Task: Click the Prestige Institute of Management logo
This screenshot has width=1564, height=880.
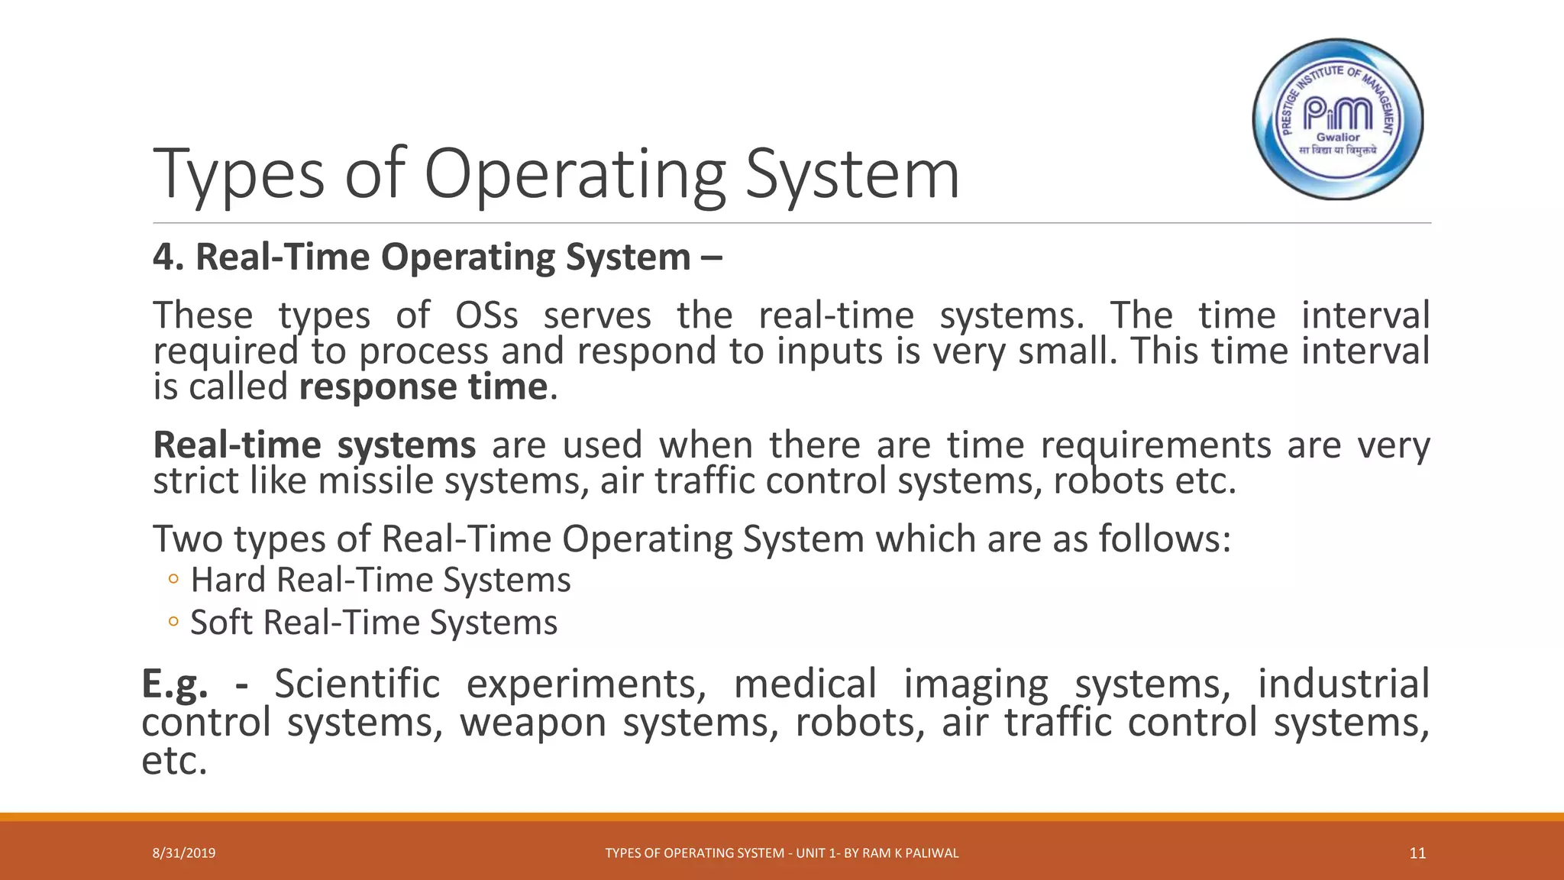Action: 1338,119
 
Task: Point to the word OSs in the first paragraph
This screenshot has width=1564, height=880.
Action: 486,315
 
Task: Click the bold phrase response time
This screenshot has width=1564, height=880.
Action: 423,387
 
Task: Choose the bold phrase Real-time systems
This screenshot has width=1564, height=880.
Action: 314,445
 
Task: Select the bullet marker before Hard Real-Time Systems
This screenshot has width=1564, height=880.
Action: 173,580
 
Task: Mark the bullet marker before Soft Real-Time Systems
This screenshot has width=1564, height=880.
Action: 173,622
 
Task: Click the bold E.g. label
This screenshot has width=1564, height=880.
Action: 175,684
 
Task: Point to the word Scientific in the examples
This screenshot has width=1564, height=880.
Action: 357,684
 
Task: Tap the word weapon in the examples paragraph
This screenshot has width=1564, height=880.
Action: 533,723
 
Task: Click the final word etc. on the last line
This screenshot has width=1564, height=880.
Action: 174,762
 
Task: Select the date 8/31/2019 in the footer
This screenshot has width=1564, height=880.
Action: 184,853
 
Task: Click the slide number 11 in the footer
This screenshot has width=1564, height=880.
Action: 1417,853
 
